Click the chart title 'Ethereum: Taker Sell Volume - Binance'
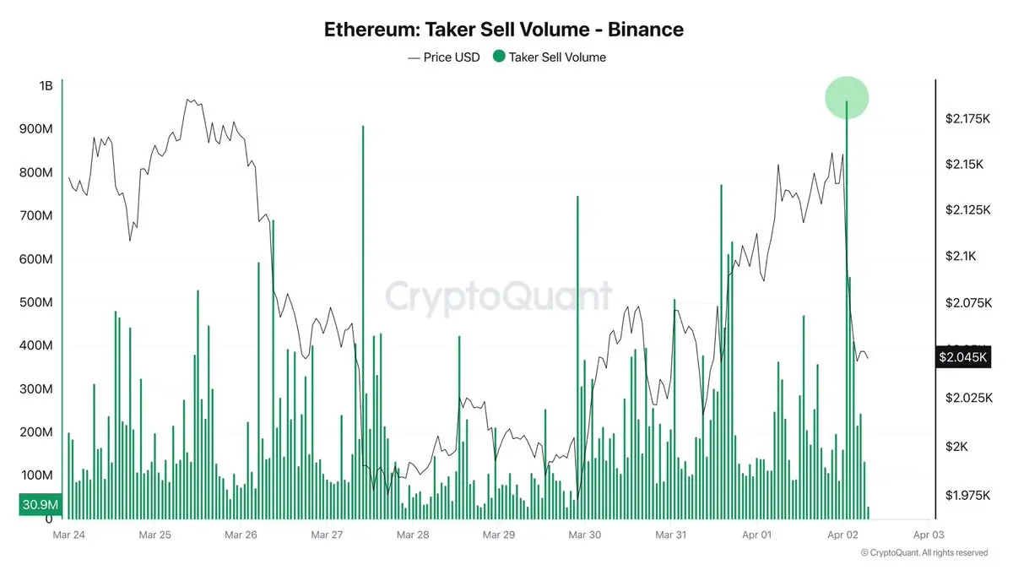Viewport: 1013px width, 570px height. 504,30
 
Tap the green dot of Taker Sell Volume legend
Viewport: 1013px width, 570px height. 499,57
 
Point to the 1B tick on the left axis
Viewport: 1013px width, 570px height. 46,86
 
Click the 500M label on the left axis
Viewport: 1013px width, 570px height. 35,302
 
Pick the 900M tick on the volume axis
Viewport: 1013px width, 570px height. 35,129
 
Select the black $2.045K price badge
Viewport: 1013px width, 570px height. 962,357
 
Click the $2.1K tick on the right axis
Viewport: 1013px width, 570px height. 962,256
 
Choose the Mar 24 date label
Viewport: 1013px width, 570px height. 68,535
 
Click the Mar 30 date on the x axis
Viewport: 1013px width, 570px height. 584,535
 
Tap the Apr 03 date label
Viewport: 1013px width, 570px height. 928,535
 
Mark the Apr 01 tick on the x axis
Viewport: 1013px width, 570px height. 756,535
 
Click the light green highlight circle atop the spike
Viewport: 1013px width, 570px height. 847,97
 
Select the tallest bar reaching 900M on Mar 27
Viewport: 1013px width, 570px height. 363,321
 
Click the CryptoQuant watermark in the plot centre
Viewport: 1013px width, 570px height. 498,297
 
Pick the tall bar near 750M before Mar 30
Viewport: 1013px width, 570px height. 578,355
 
